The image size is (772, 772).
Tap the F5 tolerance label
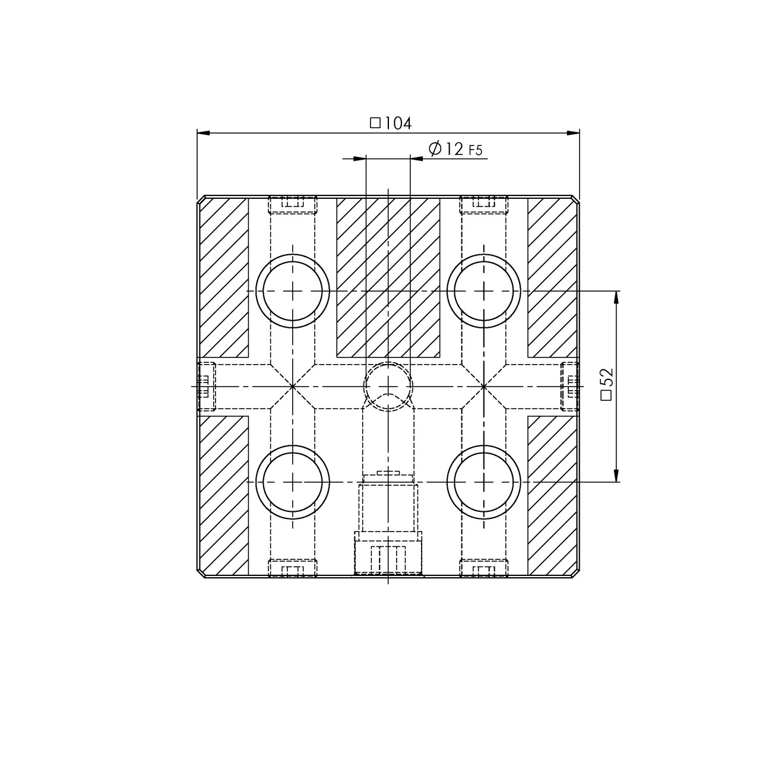coord(476,150)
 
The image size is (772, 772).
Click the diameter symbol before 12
coord(434,148)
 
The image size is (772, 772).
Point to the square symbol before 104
coord(375,124)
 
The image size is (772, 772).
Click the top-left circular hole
coord(292,291)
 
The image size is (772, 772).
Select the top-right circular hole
coord(484,291)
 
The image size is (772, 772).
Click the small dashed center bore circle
coord(388,386)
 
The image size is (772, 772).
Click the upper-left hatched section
coord(223,277)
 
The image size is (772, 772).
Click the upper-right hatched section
coord(552,277)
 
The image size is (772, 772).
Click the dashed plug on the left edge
coord(205,386)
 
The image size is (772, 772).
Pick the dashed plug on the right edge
coord(570,386)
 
